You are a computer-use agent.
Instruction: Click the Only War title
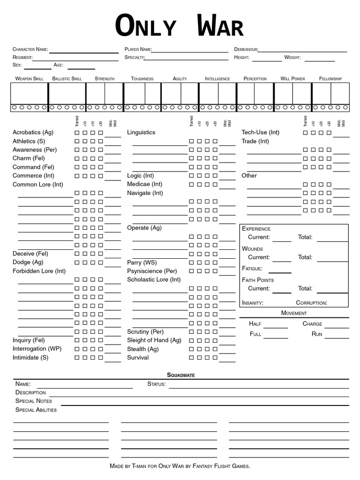pyautogui.click(x=180, y=26)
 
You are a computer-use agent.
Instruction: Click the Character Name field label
pyautogui.click(x=30, y=49)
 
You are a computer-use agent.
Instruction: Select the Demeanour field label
pyautogui.click(x=246, y=49)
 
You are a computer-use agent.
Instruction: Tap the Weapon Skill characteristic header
pyautogui.click(x=29, y=79)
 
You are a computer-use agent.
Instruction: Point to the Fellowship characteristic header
pyautogui.click(x=330, y=79)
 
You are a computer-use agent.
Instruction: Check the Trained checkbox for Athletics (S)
pyautogui.click(x=77, y=141)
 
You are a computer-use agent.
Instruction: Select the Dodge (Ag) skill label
pyautogui.click(x=28, y=262)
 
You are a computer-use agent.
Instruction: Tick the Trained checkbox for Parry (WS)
pyautogui.click(x=191, y=262)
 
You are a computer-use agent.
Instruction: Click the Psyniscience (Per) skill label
pyautogui.click(x=152, y=271)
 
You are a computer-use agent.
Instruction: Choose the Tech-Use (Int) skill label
pyautogui.click(x=261, y=133)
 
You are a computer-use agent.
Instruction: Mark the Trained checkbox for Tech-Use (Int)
pyautogui.click(x=306, y=133)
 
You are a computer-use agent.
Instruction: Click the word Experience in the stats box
pyautogui.click(x=256, y=229)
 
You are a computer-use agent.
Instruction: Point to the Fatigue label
pyautogui.click(x=252, y=269)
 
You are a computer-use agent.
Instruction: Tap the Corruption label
pyautogui.click(x=312, y=303)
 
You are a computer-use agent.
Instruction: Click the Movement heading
pyautogui.click(x=294, y=313)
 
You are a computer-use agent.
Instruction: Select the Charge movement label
pyautogui.click(x=312, y=324)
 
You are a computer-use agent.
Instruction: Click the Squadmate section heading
pyautogui.click(x=181, y=375)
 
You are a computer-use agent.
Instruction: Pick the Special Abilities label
pyautogui.click(x=36, y=410)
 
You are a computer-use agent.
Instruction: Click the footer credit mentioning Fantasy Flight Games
pyautogui.click(x=180, y=466)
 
